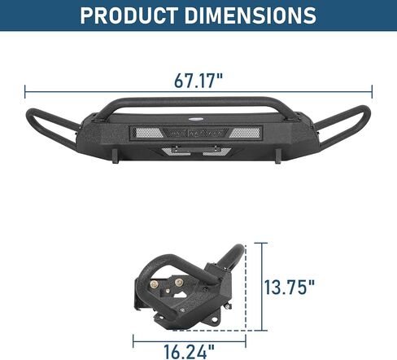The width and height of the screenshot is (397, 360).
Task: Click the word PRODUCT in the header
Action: (129, 15)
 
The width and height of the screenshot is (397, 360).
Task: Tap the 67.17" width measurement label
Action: (198, 81)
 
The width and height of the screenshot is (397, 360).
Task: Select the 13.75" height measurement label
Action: (289, 287)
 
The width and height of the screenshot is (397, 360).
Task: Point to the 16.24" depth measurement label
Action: (189, 351)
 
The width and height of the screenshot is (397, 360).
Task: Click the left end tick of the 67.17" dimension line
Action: (25, 91)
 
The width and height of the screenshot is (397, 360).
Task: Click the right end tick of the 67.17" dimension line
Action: (372, 91)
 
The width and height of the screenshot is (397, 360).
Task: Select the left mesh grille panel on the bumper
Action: (147, 133)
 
